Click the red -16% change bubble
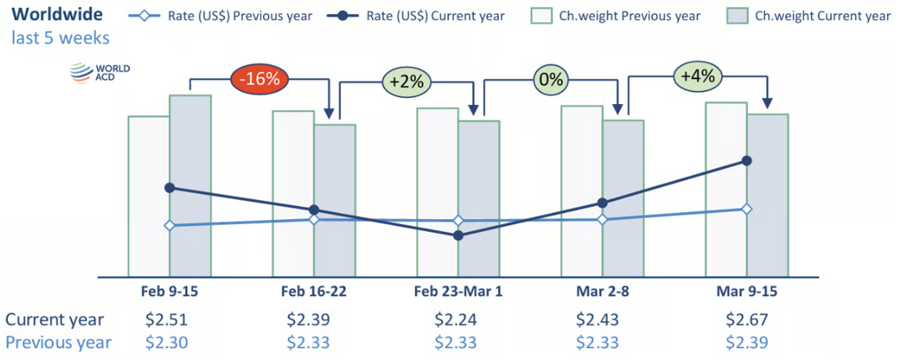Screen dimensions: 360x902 pyautogui.click(x=260, y=79)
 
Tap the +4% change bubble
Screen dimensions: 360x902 pyautogui.click(x=698, y=77)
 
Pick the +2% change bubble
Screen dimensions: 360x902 pyautogui.click(x=406, y=81)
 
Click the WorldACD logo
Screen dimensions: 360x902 pyautogui.click(x=99, y=73)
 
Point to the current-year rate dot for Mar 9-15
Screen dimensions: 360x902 pyautogui.click(x=746, y=161)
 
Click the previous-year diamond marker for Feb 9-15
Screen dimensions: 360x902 pyautogui.click(x=169, y=225)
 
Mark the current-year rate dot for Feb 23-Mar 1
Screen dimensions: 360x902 pyautogui.click(x=458, y=235)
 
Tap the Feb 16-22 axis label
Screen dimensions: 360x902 pyautogui.click(x=313, y=291)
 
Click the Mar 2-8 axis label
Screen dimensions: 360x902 pyautogui.click(x=602, y=291)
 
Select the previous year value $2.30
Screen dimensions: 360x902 pyautogui.click(x=168, y=342)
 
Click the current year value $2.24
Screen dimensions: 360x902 pyautogui.click(x=456, y=319)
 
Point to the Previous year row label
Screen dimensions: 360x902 pyautogui.click(x=59, y=342)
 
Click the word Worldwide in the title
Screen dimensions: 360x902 pyautogui.click(x=57, y=15)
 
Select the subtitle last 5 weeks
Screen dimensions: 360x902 pyautogui.click(x=60, y=38)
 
